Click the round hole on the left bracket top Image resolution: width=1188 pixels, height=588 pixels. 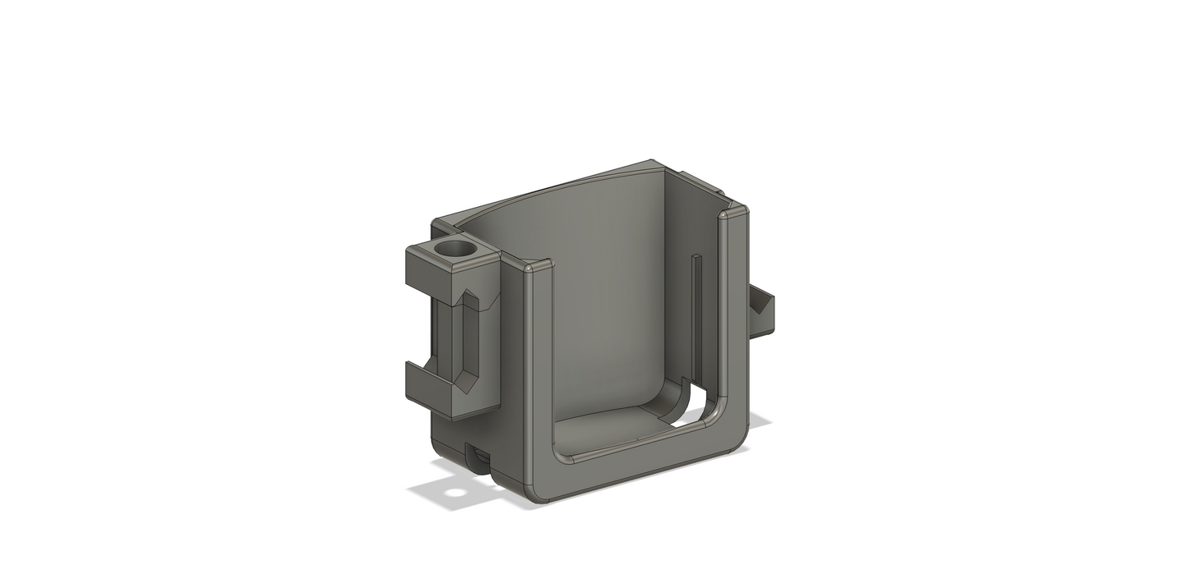455,248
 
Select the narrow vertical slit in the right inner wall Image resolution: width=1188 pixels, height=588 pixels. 696,312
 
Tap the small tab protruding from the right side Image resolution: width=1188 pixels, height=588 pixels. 762,313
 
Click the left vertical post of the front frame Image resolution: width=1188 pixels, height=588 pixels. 539,370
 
